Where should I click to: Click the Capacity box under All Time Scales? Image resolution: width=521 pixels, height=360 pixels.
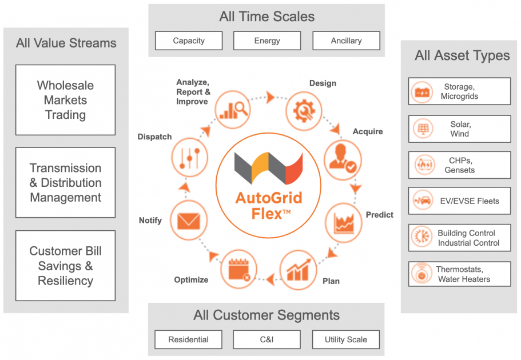pos(189,41)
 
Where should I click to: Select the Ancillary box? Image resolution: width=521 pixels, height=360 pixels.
pos(346,41)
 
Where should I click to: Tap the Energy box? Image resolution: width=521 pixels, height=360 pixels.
pos(267,41)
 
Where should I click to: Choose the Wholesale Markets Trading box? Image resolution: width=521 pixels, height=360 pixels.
pos(65,100)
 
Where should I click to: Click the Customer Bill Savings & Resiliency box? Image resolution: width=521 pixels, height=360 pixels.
pos(65,266)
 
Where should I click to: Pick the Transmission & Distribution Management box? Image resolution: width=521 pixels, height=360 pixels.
pos(65,183)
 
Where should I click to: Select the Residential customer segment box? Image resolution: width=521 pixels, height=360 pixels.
pos(189,339)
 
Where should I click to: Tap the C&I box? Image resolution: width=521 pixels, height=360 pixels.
pos(267,339)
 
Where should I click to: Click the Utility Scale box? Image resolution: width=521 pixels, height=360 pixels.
pos(346,339)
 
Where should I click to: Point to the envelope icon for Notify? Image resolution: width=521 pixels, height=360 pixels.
pos(189,219)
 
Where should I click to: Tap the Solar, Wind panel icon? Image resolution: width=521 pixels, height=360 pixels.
pos(422,129)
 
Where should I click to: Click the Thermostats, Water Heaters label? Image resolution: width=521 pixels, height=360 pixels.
pos(463,274)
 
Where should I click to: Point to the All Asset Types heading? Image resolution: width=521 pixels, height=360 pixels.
pos(462,55)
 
